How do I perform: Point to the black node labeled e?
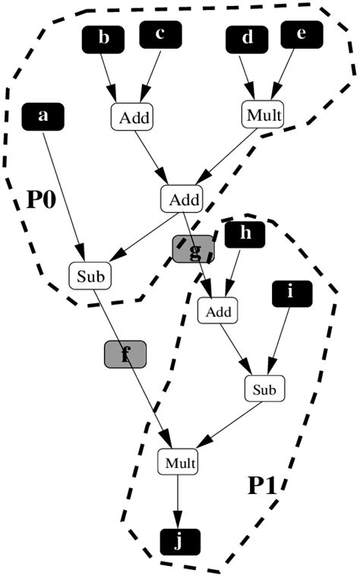[x=302, y=34]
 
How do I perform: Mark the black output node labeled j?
[x=179, y=542]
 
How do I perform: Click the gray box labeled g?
[x=193, y=248]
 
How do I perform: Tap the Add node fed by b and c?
[x=132, y=118]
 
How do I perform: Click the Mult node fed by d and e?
[x=264, y=116]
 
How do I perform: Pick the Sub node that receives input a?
[x=90, y=274]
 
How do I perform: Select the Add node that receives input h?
[x=218, y=310]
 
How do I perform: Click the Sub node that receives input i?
[x=264, y=389]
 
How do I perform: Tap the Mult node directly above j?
[x=178, y=461]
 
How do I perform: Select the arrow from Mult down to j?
[x=178, y=502]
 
